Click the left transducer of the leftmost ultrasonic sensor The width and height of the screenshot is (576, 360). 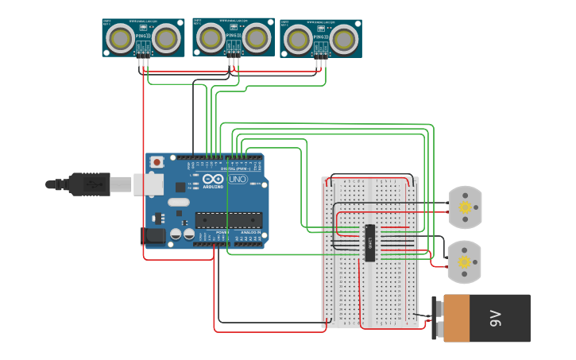[x=121, y=37]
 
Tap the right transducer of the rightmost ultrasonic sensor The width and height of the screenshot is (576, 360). [x=344, y=38]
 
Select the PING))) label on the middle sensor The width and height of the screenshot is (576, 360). [x=233, y=35]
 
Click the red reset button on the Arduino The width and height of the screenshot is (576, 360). [x=157, y=162]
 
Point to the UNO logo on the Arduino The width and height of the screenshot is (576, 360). [x=238, y=179]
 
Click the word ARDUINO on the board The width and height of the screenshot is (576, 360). [x=214, y=186]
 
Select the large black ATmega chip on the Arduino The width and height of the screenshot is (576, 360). [x=229, y=219]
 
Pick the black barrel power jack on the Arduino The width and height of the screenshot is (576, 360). [x=153, y=236]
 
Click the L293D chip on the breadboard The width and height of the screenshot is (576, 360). [x=369, y=242]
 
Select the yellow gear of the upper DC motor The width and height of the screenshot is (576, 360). [x=465, y=207]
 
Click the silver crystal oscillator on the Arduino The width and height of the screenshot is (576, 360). [x=179, y=202]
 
